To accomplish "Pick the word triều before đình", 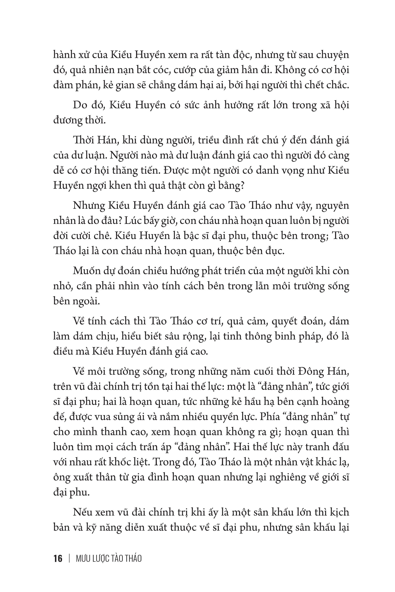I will [x=209, y=140].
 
